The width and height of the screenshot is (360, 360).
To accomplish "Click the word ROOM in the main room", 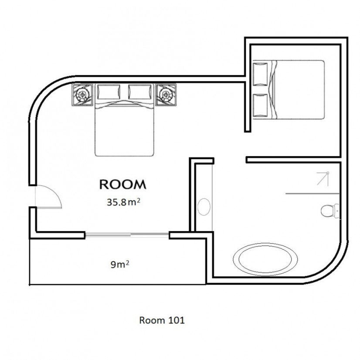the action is (123, 184).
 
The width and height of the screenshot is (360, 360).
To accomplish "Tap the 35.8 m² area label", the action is (123, 202).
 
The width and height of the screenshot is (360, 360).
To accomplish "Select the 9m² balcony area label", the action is (120, 265).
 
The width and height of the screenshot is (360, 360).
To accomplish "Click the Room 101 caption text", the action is (162, 320).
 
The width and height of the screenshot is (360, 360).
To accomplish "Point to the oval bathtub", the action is (265, 259).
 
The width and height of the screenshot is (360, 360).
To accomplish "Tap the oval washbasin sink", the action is (204, 207).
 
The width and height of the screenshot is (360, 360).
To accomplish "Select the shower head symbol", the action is (323, 178).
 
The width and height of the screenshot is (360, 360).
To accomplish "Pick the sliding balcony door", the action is (127, 234).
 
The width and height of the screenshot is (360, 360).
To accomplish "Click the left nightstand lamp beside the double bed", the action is (82, 95).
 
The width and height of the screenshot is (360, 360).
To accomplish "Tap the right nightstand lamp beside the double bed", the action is (166, 95).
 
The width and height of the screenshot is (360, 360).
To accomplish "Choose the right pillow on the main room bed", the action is (140, 92).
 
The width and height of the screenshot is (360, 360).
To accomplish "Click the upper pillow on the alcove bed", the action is (260, 74).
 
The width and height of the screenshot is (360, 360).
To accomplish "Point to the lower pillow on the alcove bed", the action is (260, 105).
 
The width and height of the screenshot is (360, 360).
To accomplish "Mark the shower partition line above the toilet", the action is (312, 194).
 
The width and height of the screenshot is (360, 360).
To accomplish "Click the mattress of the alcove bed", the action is (299, 90).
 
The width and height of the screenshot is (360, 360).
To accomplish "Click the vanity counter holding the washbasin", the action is (204, 197).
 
